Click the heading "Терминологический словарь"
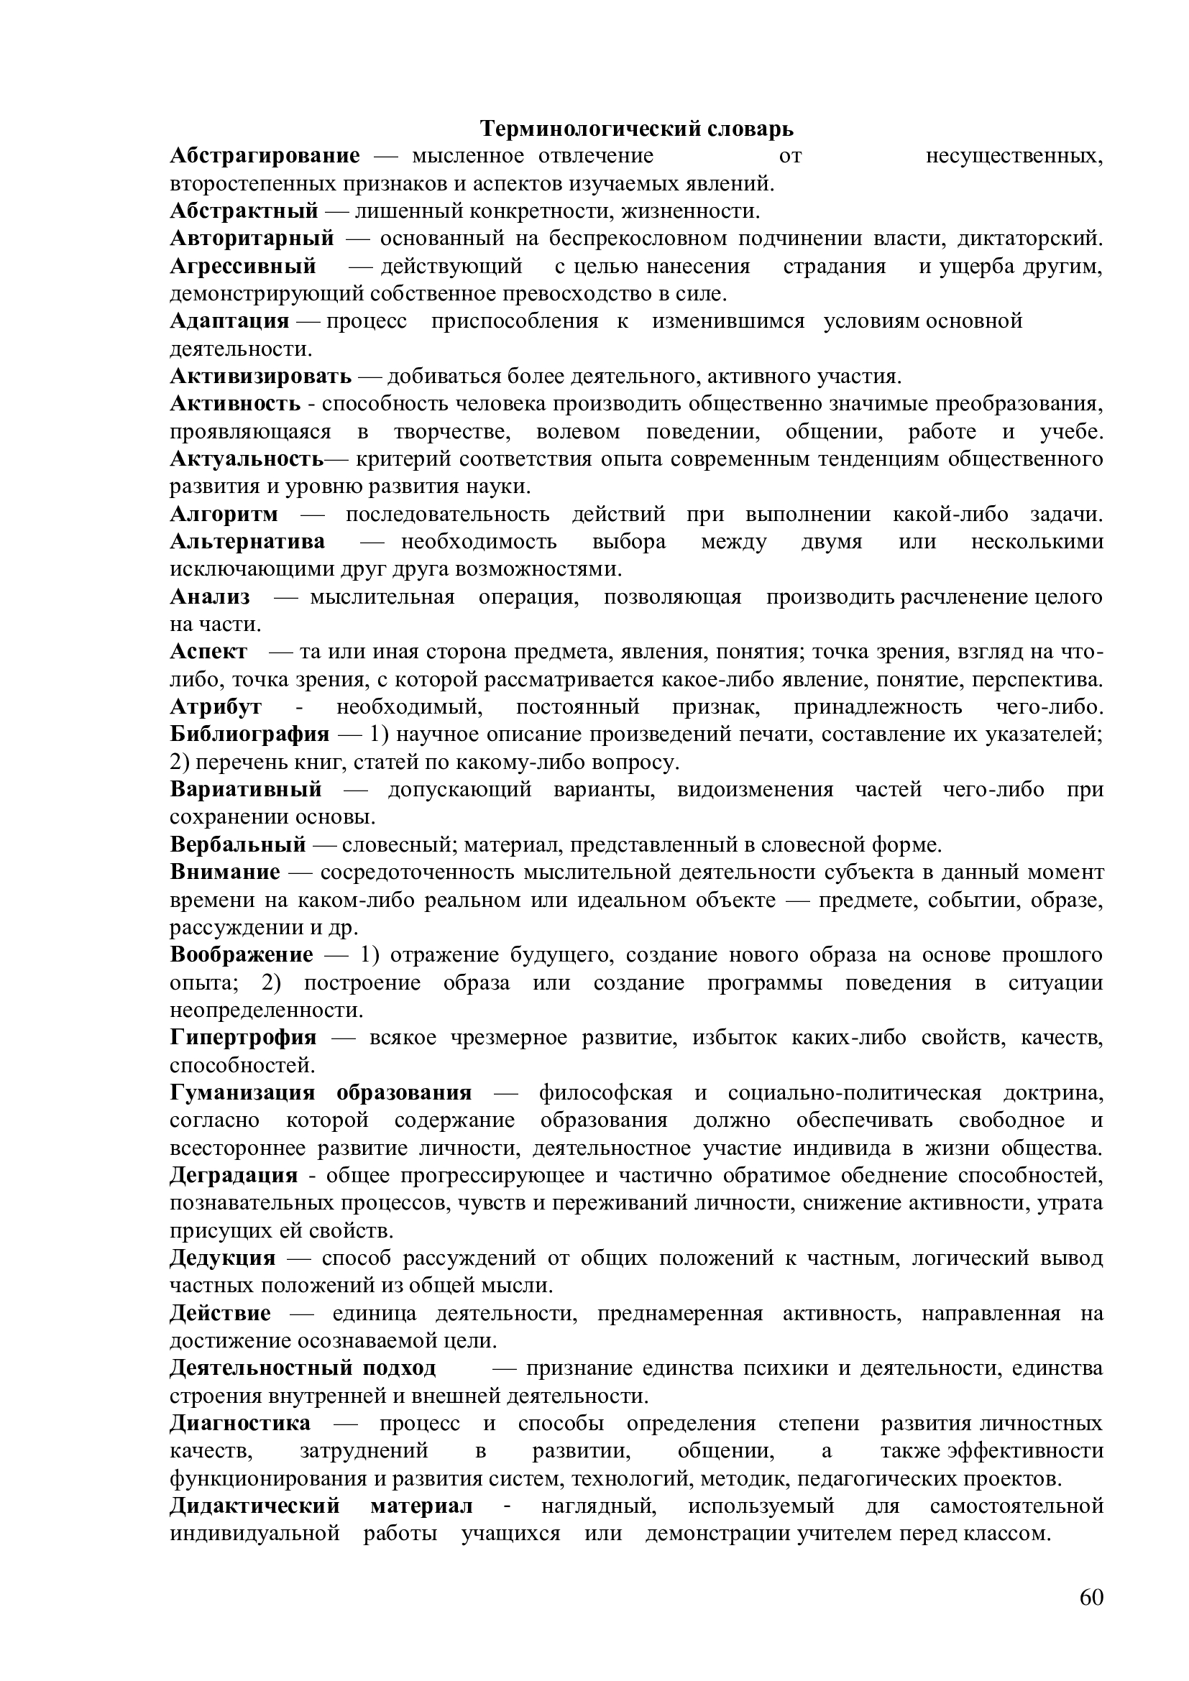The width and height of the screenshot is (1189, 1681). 636,129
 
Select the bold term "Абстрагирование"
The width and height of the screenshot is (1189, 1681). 265,156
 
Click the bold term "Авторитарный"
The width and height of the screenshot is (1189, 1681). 252,239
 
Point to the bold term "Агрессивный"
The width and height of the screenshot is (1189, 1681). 243,267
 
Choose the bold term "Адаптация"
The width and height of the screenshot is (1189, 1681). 229,321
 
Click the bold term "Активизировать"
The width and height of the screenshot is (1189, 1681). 261,377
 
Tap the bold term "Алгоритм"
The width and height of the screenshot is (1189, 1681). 224,515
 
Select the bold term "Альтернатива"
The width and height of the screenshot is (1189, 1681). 247,543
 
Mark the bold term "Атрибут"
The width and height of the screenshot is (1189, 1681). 216,707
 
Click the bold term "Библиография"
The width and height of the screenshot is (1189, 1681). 249,734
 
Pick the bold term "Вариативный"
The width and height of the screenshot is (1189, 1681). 246,790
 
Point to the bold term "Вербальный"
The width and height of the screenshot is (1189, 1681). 238,845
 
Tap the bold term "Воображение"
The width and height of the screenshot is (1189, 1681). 242,954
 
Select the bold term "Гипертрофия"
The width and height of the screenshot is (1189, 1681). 243,1038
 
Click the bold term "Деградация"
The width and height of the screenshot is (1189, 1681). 234,1176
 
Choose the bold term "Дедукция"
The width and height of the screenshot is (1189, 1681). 223,1258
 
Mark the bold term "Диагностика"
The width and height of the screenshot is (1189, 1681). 240,1424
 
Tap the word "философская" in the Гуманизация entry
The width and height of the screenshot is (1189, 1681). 605,1093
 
